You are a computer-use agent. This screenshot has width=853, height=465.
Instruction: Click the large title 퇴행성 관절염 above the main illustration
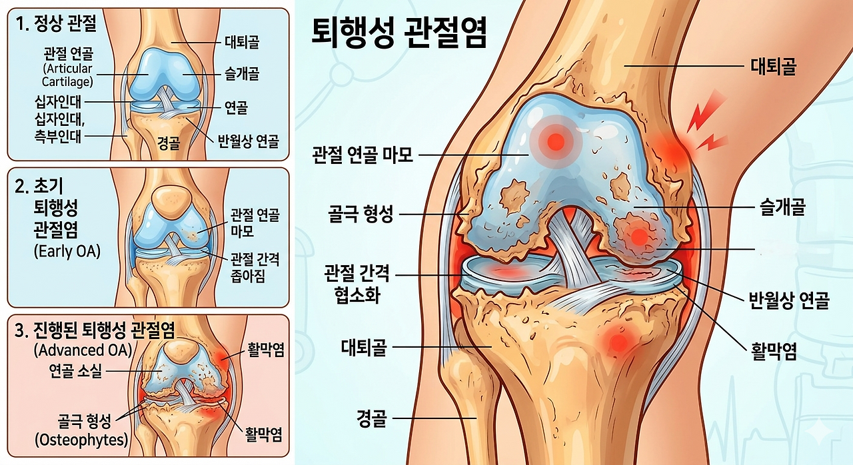(399, 33)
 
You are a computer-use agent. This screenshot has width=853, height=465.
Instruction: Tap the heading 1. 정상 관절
(56, 24)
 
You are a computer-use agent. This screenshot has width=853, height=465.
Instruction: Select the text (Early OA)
(67, 252)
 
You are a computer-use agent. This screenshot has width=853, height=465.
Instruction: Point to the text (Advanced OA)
(83, 350)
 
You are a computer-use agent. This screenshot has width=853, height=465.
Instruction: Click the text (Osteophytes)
(81, 440)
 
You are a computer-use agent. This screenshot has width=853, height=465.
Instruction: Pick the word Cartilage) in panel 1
(67, 82)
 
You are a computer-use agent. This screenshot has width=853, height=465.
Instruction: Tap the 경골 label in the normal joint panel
(169, 143)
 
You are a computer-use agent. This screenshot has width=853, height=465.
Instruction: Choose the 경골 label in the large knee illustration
(371, 418)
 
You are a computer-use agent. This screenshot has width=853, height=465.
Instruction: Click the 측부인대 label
(58, 136)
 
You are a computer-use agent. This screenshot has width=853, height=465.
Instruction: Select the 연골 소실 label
(76, 370)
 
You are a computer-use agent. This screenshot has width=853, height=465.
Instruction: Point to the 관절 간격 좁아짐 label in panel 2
(255, 268)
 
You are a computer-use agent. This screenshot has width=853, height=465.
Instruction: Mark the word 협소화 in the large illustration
(357, 295)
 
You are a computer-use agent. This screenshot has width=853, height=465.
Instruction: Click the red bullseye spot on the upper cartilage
(556, 141)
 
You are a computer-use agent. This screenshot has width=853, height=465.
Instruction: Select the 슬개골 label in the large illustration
(782, 207)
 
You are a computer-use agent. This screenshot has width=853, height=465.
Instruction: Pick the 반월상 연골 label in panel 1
(249, 141)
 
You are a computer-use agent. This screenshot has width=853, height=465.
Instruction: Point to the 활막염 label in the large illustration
(774, 351)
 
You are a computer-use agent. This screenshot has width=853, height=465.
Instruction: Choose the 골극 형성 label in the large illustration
(361, 214)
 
